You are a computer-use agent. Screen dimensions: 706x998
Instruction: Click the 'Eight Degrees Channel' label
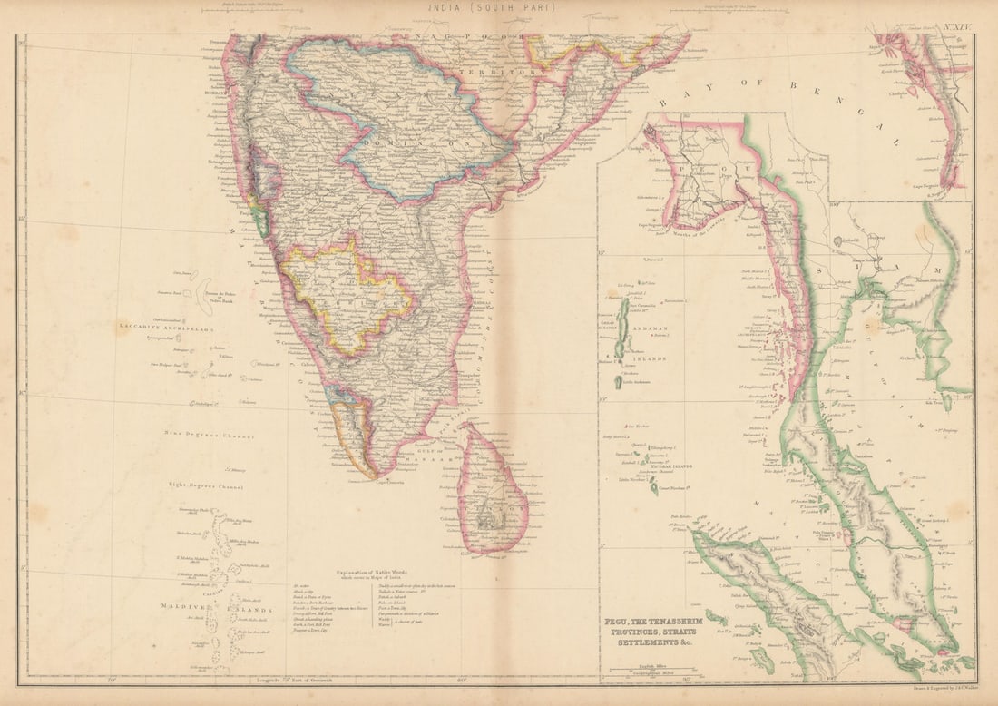point(205,486)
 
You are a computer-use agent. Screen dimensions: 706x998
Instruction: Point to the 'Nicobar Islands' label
point(669,466)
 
